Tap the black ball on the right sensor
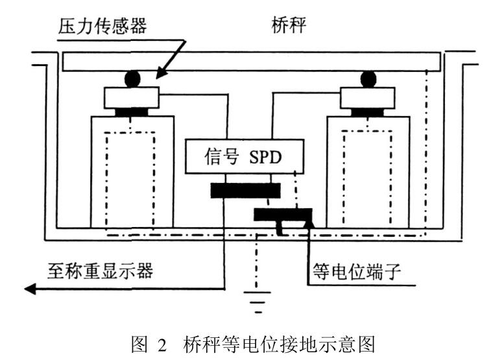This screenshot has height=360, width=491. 368,79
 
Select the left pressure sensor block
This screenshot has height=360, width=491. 132,97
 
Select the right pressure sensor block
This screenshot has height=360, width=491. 368,97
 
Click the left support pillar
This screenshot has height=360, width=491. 132,171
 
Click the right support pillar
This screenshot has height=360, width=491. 368,171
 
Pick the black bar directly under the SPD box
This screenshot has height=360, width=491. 245,191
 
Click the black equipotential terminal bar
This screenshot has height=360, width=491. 282,214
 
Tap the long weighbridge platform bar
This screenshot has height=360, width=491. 252,63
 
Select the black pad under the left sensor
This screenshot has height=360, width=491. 132,112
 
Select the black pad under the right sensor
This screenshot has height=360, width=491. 368,112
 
